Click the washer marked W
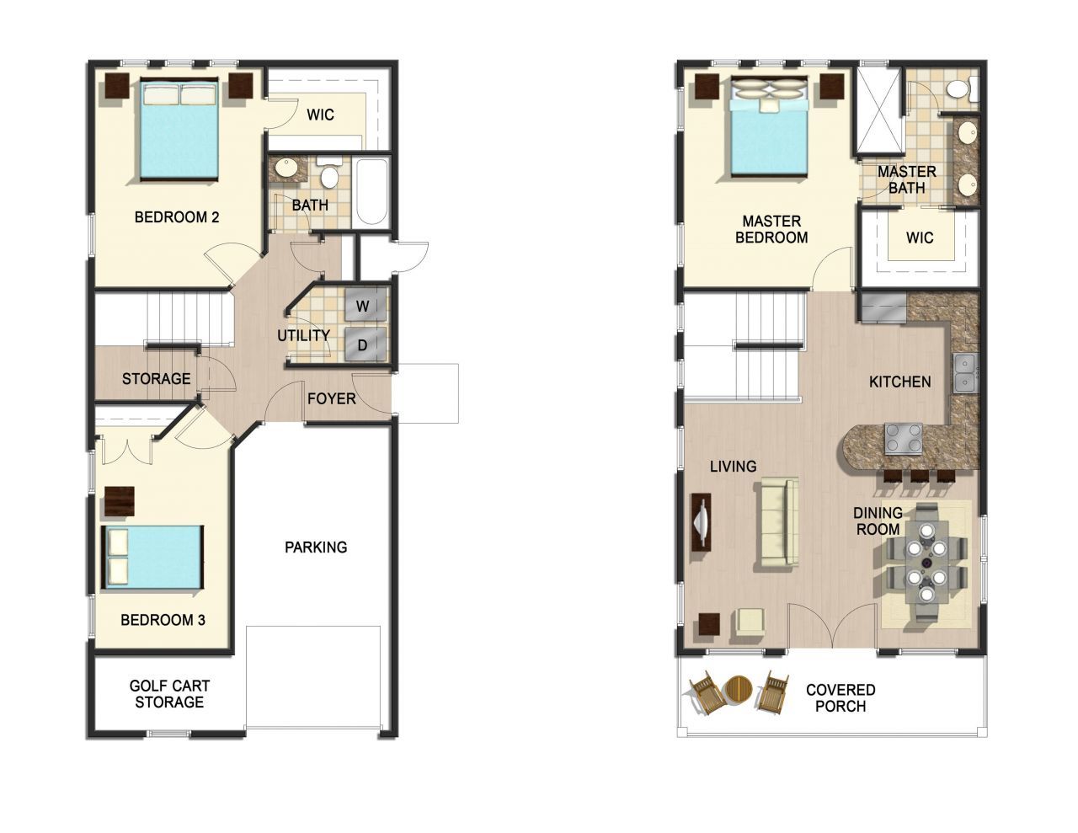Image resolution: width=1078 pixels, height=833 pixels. pos(366,306)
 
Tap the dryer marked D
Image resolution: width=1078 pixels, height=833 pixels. pos(366,344)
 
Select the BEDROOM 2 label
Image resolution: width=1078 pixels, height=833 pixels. pos(177,216)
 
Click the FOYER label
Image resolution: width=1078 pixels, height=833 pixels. pos(331,398)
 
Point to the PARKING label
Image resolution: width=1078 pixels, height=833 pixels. pos(316,547)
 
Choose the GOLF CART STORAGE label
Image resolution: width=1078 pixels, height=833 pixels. pos(169,693)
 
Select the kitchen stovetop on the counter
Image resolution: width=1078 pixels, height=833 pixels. pos(903,439)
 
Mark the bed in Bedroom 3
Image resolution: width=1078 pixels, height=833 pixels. pos(152,558)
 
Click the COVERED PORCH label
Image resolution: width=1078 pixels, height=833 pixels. pos(841,697)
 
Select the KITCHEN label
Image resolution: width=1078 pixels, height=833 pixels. pos(900,382)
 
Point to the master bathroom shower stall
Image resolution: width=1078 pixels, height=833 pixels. pos(879,111)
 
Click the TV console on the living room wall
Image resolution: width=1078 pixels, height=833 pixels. pos(701,522)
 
